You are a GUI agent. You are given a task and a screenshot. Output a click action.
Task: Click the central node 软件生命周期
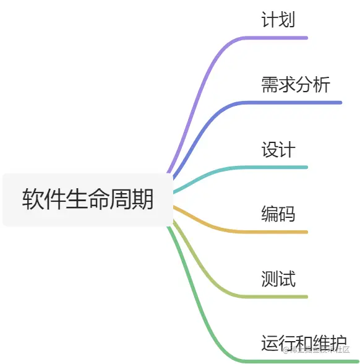pos(88,199)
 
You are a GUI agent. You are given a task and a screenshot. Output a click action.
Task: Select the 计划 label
pos(278,20)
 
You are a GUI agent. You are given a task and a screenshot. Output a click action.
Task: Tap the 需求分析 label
pos(296,85)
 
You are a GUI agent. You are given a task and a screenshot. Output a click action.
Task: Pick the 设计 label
pos(278,149)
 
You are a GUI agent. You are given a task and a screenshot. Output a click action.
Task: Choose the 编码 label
pos(278,214)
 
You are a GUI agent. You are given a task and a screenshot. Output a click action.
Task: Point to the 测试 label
pos(278,279)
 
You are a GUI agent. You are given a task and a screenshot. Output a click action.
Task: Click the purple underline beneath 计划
pos(278,38)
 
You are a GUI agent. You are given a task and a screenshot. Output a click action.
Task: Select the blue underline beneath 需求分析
pos(297,102)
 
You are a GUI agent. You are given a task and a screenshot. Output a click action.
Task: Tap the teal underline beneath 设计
pos(278,167)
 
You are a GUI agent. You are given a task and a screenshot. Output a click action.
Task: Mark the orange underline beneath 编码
pos(278,232)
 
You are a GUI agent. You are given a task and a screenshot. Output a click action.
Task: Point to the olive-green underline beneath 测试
pos(278,297)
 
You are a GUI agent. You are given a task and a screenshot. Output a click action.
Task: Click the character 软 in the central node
pos(33,199)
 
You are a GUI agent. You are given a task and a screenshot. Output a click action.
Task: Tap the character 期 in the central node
pos(143,199)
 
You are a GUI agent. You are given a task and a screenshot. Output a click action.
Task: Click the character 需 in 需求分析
pos(270,85)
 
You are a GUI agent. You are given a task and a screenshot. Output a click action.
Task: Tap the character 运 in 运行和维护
pos(270,342)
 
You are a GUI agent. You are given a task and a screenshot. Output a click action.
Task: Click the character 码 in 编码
pos(286,214)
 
